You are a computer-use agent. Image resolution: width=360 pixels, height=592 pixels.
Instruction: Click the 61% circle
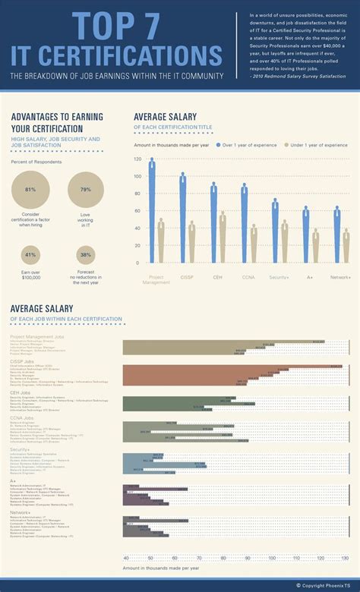(x=30, y=190)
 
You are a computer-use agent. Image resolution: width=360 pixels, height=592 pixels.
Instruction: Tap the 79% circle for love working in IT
(x=86, y=190)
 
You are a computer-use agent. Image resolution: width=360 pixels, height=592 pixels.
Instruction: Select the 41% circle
(x=30, y=255)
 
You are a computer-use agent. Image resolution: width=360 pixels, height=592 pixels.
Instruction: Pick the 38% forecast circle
(x=86, y=255)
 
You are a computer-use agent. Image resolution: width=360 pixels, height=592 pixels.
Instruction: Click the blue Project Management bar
(x=152, y=213)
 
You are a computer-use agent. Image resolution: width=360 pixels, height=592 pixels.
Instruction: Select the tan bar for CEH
(x=223, y=239)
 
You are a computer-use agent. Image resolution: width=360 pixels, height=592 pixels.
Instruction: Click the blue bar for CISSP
(x=183, y=220)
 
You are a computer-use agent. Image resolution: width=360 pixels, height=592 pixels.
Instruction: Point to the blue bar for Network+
(x=337, y=235)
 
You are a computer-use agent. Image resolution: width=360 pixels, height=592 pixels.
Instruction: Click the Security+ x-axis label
(x=279, y=277)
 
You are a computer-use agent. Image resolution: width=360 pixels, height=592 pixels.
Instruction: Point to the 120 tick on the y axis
(x=137, y=159)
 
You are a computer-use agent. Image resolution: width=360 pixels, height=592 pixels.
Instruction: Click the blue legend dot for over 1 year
(x=218, y=143)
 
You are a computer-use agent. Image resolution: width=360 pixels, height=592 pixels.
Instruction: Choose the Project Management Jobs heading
(x=37, y=335)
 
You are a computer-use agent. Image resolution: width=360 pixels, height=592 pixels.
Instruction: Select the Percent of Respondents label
(x=36, y=162)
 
